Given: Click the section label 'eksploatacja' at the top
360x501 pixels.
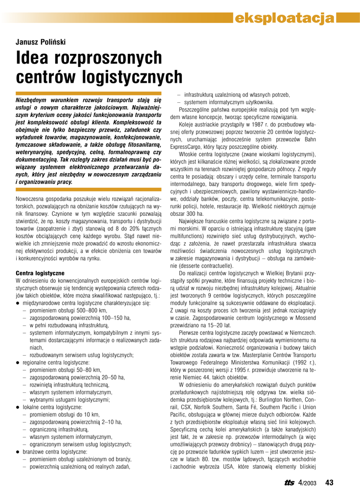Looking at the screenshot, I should coord(284,18).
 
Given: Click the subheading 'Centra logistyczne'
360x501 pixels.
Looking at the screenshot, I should coord(40,273).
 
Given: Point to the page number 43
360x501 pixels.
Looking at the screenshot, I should coord(329,482).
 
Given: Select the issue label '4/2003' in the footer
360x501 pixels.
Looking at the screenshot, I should coord(308,483).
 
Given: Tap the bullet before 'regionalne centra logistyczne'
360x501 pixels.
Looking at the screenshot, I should coord(18,363).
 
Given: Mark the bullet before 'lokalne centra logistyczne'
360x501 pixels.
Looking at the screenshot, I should coord(18,407).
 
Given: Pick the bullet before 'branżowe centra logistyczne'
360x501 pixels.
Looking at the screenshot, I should coord(18,452).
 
